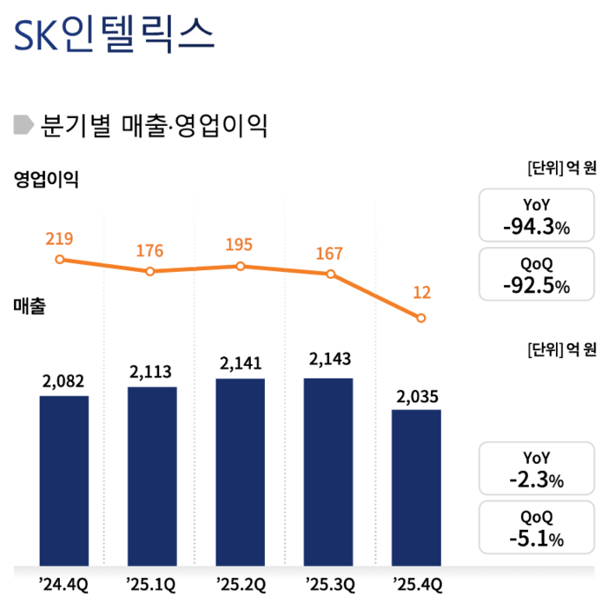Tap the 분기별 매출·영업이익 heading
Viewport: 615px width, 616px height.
coord(154,125)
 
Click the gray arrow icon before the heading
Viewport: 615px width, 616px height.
coord(24,125)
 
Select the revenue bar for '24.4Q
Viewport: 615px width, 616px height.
coord(64,480)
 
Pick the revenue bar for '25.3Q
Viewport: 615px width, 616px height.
coord(328,471)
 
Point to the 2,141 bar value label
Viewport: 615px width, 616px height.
coord(240,363)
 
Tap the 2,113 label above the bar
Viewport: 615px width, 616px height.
coord(152,370)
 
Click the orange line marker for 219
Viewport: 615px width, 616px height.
coord(60,260)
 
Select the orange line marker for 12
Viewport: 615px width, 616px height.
coord(421,318)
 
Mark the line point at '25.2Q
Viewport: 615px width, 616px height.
coord(240,266)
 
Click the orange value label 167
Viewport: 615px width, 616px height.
coord(328,253)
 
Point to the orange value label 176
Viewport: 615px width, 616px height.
coord(150,251)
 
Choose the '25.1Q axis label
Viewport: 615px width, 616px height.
coord(151,585)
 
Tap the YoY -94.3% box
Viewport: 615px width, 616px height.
coord(537,216)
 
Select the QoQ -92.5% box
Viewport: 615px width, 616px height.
coord(537,275)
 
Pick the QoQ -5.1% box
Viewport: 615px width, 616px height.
coord(537,527)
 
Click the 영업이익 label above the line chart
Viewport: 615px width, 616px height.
coord(46,180)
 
